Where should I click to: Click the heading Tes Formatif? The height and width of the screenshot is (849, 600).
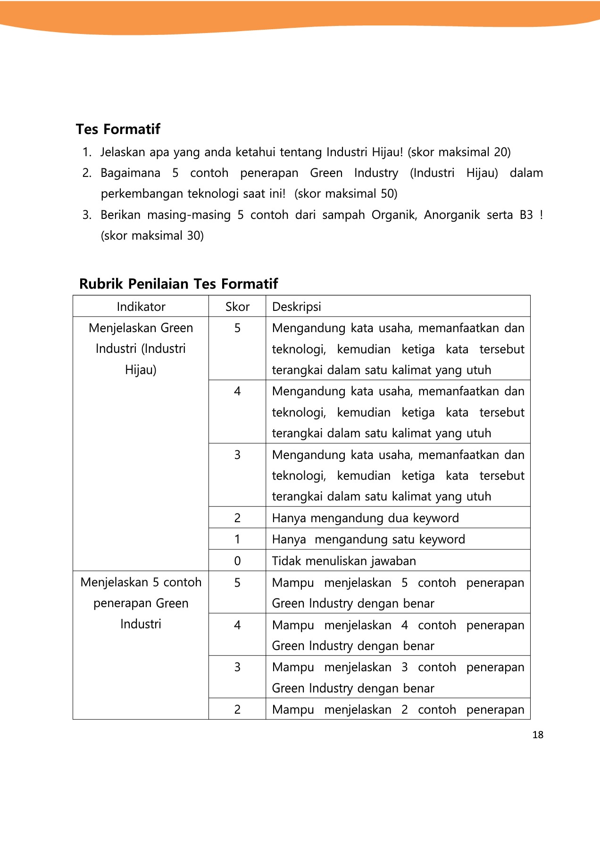click(x=118, y=129)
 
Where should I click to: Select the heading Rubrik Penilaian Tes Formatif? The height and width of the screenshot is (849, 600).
click(x=178, y=284)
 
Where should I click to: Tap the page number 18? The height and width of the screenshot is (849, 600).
click(x=538, y=735)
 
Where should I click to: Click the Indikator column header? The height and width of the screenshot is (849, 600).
click(x=141, y=307)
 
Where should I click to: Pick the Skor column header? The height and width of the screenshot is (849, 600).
click(x=237, y=307)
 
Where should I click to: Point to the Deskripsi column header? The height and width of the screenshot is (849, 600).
click(x=297, y=307)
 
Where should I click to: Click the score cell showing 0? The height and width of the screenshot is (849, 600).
click(x=237, y=561)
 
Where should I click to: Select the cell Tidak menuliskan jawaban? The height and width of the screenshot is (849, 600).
click(x=344, y=561)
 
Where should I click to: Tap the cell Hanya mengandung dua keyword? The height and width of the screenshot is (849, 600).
click(x=365, y=518)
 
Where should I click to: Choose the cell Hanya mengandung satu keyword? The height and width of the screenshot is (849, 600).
click(x=368, y=539)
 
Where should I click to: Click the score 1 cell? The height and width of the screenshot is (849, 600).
click(x=237, y=539)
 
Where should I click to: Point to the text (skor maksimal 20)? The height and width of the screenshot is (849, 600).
click(x=459, y=152)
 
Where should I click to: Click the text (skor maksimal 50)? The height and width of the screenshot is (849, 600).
click(x=346, y=194)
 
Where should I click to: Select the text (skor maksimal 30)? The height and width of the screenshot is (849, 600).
click(x=152, y=235)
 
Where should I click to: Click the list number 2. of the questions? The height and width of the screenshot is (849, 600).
click(x=87, y=173)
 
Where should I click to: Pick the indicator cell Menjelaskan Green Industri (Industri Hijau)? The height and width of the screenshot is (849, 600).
click(x=141, y=349)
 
